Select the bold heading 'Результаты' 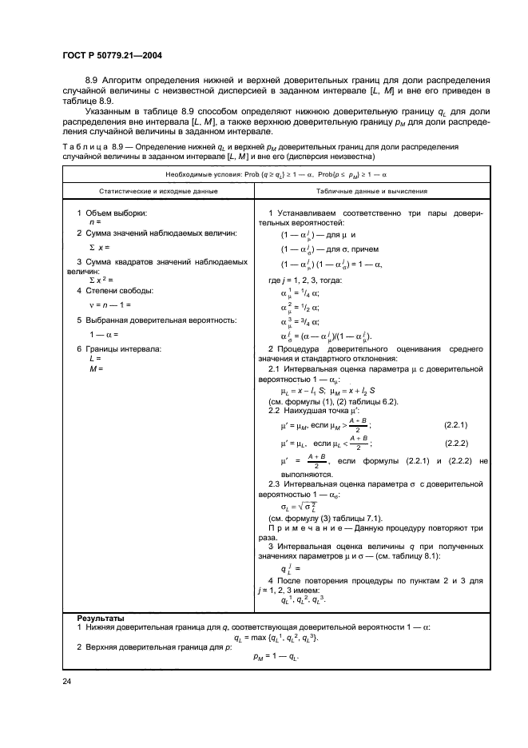100,619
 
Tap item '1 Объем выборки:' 117,213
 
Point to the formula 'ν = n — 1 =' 113,305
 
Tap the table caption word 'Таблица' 85,148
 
